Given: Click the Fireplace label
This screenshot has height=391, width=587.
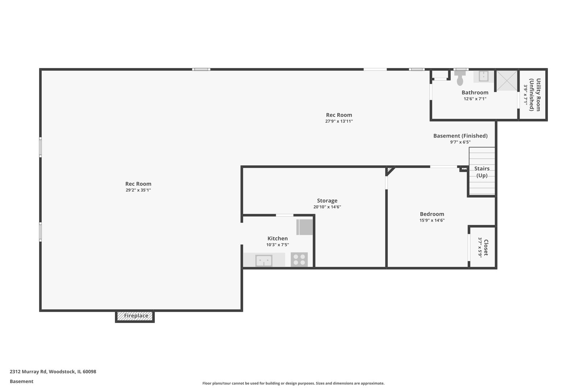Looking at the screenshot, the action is (136, 316).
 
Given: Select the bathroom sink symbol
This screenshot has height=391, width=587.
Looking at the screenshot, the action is (483, 76).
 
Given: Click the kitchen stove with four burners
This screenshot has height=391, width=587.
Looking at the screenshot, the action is (299, 260).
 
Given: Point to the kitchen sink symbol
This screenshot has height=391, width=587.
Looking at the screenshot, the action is (264, 261).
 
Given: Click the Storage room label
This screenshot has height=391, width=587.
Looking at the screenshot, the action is (327, 201).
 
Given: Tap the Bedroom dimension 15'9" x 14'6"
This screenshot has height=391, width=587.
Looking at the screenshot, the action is (432, 220).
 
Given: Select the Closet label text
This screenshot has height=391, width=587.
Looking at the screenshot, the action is (486, 248).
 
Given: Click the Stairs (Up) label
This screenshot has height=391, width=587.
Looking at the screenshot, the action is (482, 172).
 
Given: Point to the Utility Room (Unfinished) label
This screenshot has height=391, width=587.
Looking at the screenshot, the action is (535, 95).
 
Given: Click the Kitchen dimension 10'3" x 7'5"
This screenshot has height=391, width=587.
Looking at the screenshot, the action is (278, 245).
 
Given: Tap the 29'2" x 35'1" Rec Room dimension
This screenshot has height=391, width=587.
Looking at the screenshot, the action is (138, 190).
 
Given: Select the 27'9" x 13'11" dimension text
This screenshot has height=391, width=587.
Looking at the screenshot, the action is (339, 121).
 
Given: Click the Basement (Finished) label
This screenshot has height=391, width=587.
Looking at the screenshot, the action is (461, 136).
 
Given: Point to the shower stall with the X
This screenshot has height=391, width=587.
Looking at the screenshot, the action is (507, 81).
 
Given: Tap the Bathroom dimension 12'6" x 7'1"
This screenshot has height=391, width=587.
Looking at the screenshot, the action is (475, 99).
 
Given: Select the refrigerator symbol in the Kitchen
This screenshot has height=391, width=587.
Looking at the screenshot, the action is (304, 227).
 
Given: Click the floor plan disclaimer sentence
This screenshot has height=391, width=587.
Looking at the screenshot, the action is (293, 383).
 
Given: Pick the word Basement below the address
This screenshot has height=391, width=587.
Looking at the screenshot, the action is (21, 382).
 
